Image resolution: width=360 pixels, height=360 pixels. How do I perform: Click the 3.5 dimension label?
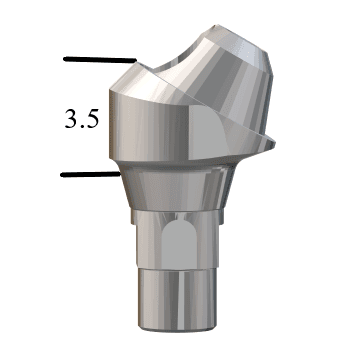(x=80, y=122)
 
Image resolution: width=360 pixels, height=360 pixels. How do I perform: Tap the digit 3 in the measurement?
(x=70, y=122)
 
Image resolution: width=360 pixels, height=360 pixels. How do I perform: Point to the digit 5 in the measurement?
(x=91, y=122)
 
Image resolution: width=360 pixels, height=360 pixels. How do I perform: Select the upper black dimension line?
(x=100, y=59)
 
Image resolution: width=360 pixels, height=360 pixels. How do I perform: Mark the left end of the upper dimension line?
(x=65, y=59)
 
